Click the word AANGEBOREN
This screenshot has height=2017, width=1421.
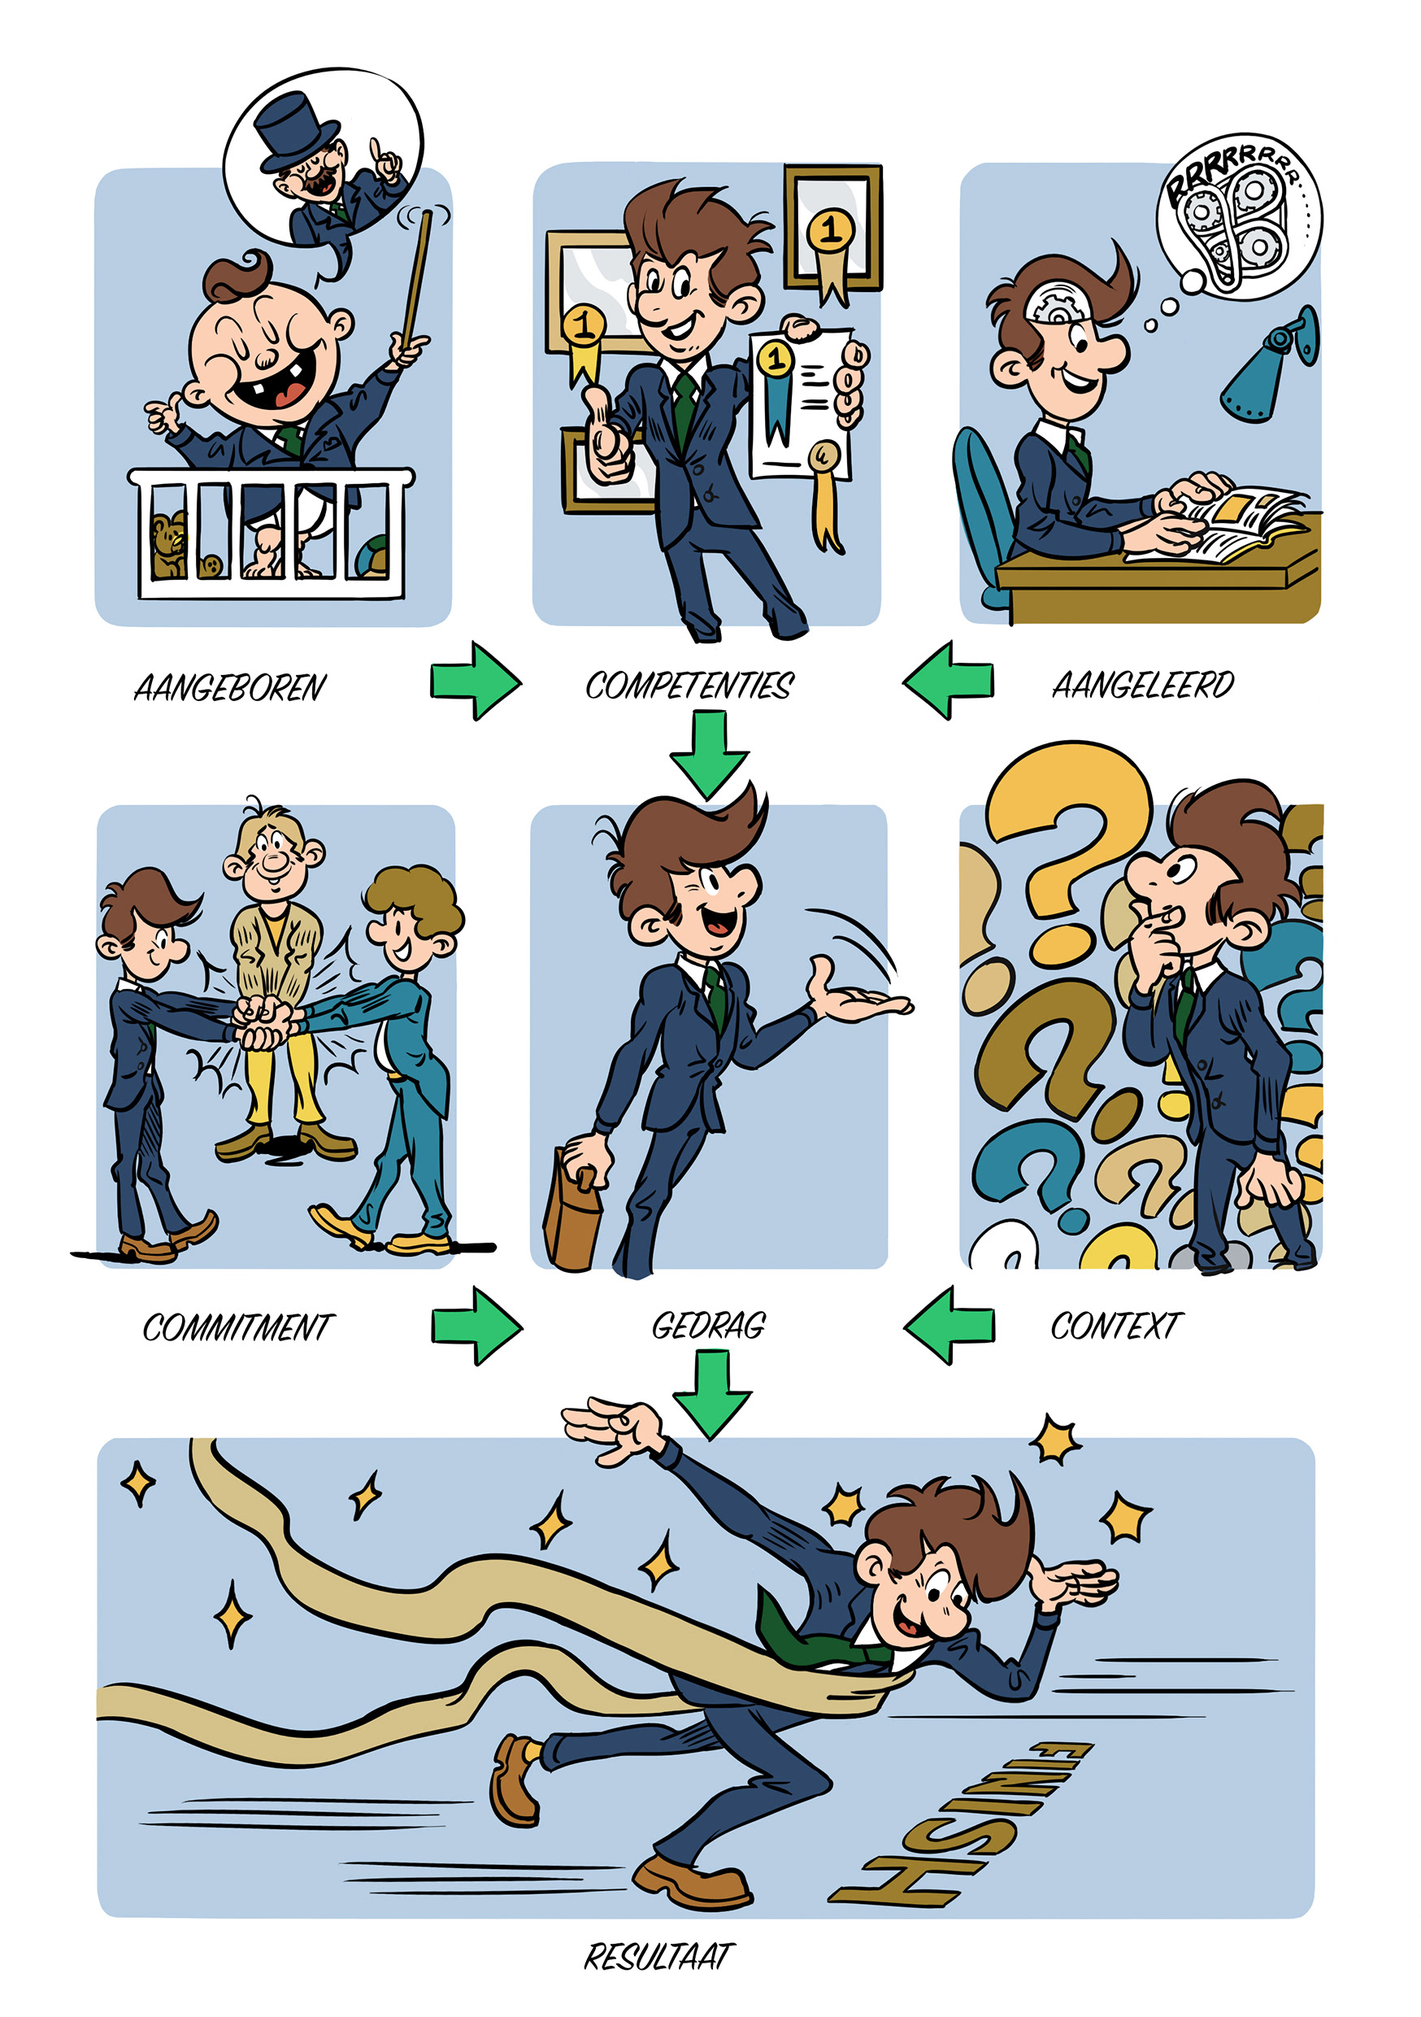(x=229, y=688)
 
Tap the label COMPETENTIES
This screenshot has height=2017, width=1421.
(x=689, y=686)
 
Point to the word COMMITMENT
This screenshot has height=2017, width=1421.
(x=238, y=1327)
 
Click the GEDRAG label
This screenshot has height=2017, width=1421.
(x=709, y=1326)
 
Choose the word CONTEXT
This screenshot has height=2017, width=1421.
(x=1116, y=1326)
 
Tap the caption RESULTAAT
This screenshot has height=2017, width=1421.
(x=658, y=1956)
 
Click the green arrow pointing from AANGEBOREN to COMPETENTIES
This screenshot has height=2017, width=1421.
(x=475, y=681)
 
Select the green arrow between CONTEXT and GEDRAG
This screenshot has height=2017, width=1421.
(x=949, y=1325)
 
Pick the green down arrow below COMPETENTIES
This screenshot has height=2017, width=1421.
(x=709, y=755)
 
